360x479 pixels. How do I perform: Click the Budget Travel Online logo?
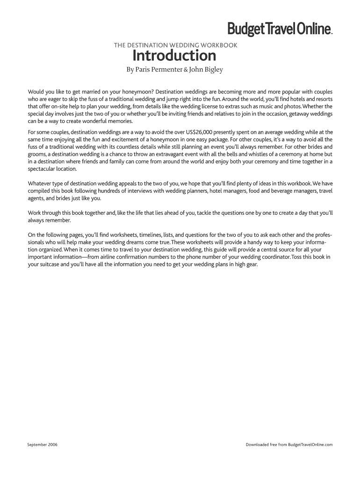280,29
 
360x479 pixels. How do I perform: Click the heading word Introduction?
174,56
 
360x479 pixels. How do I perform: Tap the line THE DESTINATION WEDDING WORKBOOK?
176,45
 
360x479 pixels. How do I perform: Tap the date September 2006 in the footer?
43,444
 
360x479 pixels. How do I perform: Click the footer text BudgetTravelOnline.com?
310,444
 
